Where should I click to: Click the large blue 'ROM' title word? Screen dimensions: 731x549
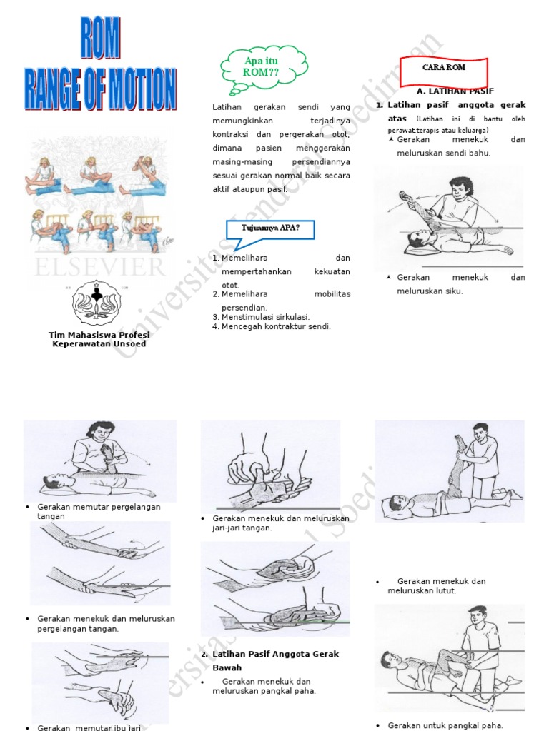[100, 39]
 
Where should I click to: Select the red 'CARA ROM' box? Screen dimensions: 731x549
[445, 68]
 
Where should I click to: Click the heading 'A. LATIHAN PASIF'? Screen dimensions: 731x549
[455, 91]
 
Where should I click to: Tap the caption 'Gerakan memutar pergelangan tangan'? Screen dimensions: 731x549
[99, 511]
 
